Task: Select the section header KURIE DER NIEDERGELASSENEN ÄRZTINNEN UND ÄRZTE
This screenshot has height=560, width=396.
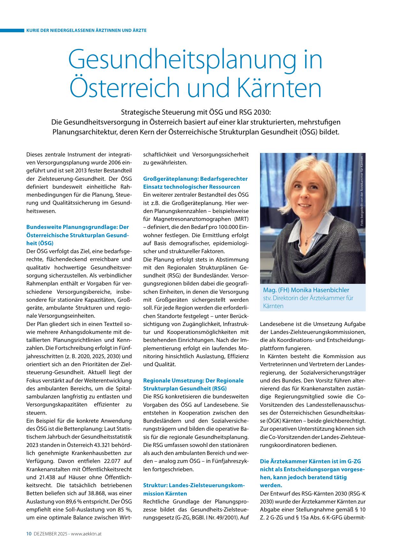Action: point(86,30)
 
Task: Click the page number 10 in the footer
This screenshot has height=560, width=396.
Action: point(28,534)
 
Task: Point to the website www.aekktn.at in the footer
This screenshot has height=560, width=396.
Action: point(86,534)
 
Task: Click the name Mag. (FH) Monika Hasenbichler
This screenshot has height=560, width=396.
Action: point(306,290)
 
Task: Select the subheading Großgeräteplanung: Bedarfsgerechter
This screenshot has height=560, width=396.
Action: point(195,178)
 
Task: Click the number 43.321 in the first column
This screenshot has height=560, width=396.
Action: point(103,445)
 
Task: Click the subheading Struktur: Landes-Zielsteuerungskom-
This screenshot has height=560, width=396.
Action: point(194,485)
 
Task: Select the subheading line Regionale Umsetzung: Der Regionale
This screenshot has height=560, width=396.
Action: point(193,380)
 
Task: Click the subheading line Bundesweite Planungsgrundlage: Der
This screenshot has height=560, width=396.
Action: point(78,227)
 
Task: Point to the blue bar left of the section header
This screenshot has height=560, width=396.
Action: point(12,30)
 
